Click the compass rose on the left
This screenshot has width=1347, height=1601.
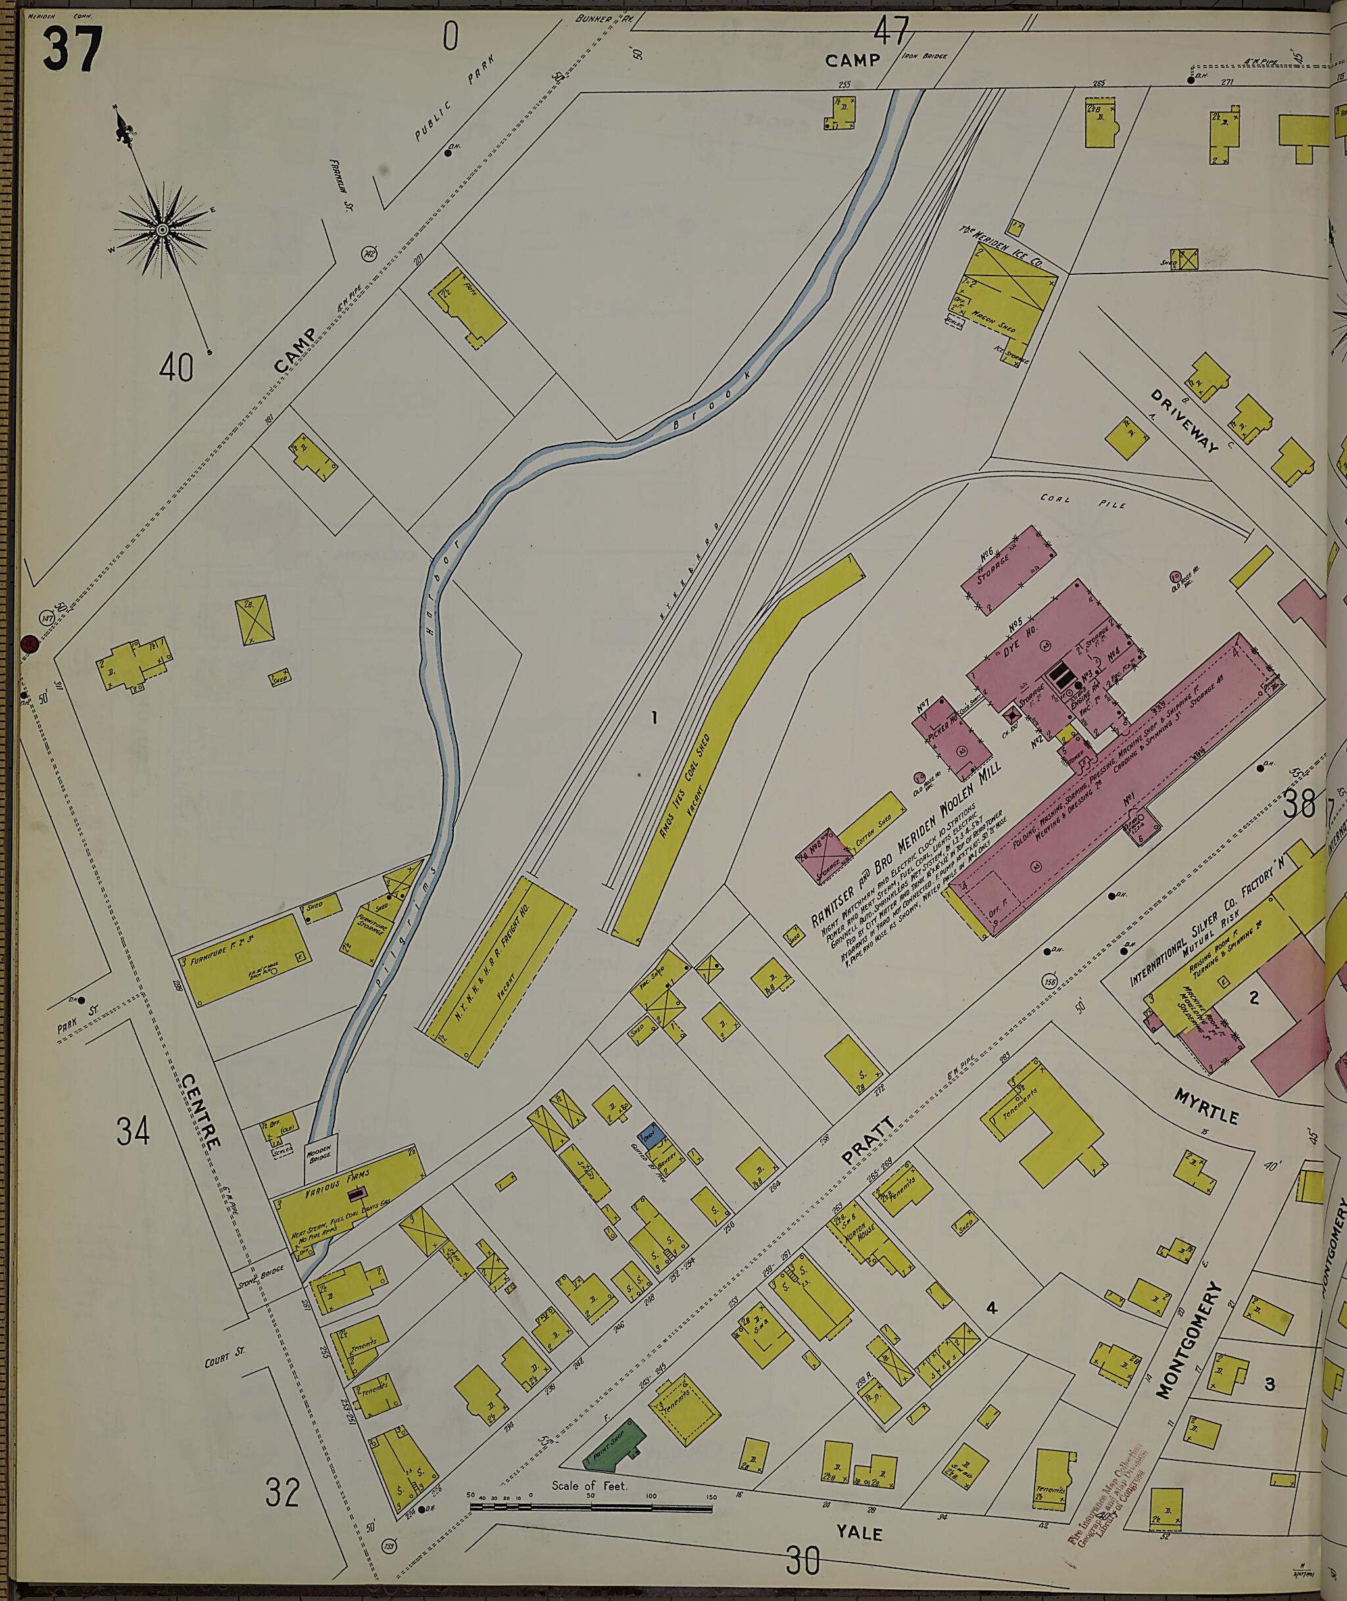point(162,229)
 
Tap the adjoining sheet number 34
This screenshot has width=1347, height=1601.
point(133,1130)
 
